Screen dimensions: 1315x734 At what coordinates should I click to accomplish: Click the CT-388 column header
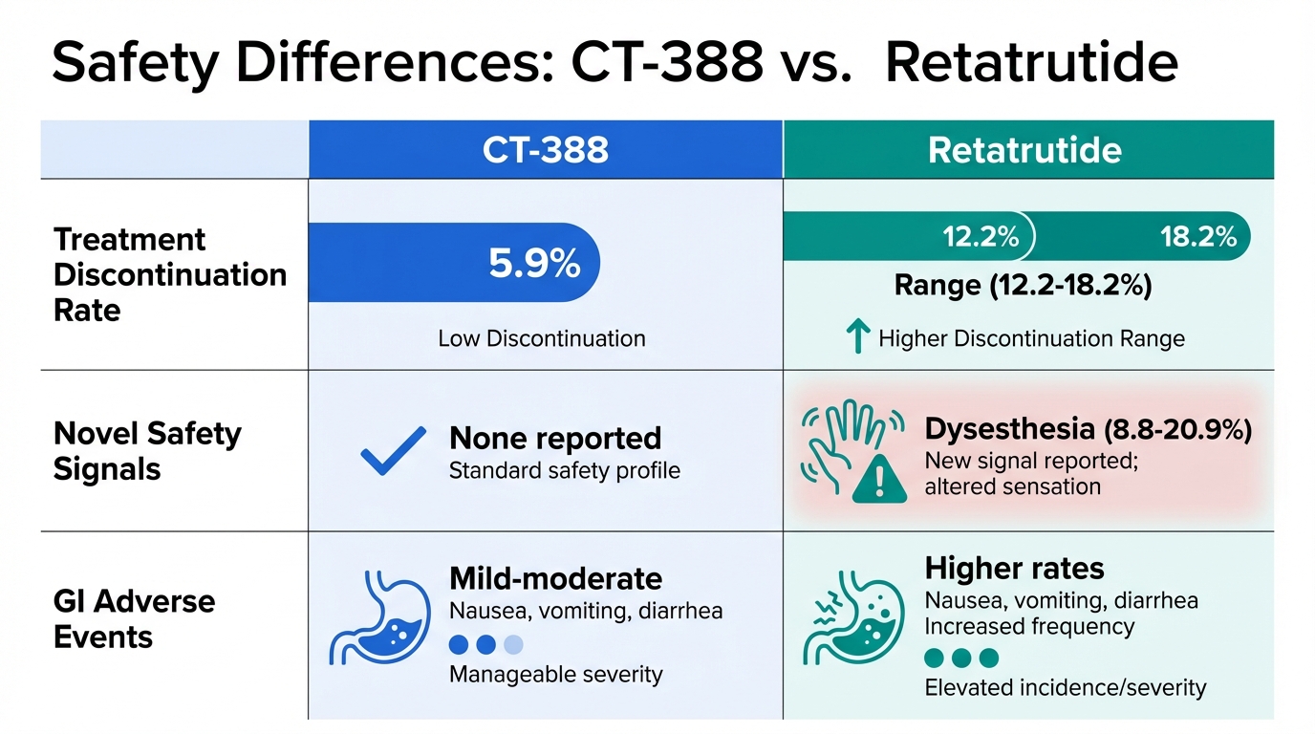[x=546, y=150]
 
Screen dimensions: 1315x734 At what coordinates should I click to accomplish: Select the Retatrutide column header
[x=1024, y=150]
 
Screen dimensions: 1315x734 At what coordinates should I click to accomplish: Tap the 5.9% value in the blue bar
[x=534, y=263]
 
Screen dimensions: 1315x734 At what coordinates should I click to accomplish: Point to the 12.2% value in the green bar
[x=981, y=237]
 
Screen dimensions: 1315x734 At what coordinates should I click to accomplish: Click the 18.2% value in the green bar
[x=1198, y=237]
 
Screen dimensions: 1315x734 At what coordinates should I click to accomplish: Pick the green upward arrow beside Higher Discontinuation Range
[x=857, y=335]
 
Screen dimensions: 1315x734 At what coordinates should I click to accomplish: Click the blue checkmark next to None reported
[x=394, y=450]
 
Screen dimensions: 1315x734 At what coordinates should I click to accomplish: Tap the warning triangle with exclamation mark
[x=879, y=479]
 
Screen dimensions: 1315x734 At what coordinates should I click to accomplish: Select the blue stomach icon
[x=379, y=617]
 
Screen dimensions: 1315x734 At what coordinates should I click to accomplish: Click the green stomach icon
[x=854, y=617]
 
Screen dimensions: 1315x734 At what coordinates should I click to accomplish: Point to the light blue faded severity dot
[x=513, y=645]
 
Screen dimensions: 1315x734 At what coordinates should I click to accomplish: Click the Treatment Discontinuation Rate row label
[x=170, y=275]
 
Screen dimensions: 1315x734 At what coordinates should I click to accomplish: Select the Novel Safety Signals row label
[x=147, y=451]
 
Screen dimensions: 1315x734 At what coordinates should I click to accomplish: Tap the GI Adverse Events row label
[x=134, y=619]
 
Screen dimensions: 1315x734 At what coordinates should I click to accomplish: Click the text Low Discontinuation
[x=541, y=339]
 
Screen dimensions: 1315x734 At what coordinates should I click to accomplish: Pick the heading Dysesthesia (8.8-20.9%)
[x=1088, y=429]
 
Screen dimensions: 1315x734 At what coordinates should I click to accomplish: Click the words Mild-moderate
[x=555, y=578]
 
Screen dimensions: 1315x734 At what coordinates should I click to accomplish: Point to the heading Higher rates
[x=1014, y=569]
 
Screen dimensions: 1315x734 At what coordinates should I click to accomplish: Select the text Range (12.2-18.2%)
[x=1023, y=286]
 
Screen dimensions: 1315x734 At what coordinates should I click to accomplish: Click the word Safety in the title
[x=136, y=63]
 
